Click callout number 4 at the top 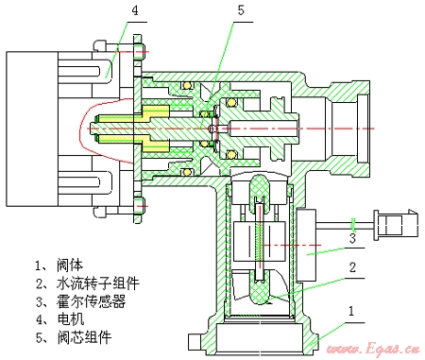(135, 10)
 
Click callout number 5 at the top (241, 10)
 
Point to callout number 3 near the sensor (352, 238)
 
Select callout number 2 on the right (352, 267)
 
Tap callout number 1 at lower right (351, 311)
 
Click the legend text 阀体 (70, 266)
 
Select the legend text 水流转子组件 (98, 283)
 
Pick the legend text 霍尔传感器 (92, 301)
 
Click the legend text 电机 (71, 319)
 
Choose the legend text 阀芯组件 (84, 337)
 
